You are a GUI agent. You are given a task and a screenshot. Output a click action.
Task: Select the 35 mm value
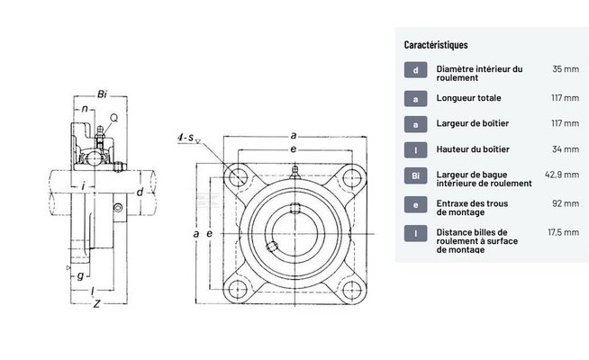[x=566, y=68]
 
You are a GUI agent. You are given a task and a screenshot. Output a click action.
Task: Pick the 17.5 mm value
[x=564, y=232]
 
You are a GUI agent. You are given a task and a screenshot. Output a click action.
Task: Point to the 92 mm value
[x=566, y=203]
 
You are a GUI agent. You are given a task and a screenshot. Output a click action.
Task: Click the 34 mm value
[x=566, y=148]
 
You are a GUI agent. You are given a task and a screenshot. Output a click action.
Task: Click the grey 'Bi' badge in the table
[x=415, y=177]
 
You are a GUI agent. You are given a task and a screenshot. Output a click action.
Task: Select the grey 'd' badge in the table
[x=415, y=69]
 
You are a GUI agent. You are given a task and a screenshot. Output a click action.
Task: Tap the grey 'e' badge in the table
[x=415, y=204]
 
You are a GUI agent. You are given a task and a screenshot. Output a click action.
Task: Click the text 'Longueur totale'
[x=468, y=98]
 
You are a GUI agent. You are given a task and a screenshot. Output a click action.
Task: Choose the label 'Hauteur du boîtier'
[x=473, y=148]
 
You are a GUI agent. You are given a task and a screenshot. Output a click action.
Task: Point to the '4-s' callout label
[x=187, y=137]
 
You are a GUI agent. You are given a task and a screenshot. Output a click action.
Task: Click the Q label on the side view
[x=113, y=118]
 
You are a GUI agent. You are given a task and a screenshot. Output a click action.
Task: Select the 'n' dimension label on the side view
[x=84, y=109]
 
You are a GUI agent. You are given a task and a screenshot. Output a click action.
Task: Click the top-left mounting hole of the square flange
[x=238, y=175]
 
